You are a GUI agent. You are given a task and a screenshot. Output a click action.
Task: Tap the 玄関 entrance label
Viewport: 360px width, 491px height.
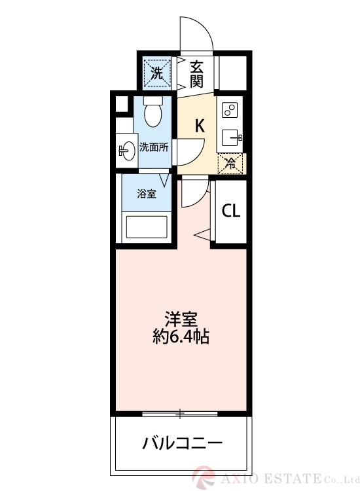[196, 73]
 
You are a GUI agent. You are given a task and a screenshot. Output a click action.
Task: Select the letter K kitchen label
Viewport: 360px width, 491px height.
[200, 126]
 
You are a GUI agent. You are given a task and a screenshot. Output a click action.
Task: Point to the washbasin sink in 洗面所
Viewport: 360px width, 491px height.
[126, 151]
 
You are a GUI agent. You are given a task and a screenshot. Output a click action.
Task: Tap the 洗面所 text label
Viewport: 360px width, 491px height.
[154, 147]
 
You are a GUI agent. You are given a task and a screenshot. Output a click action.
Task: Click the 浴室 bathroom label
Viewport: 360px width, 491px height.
[147, 194]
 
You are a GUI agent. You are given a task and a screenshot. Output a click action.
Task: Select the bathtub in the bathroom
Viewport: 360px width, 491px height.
[147, 228]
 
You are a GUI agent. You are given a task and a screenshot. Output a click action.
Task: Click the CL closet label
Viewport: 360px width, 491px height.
[230, 211]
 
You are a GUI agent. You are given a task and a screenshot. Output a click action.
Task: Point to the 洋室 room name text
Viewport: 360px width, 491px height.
[181, 320]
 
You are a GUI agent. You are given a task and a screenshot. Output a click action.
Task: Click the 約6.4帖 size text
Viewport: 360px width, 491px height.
[181, 338]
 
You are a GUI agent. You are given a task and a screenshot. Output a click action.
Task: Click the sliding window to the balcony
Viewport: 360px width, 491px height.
[181, 414]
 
